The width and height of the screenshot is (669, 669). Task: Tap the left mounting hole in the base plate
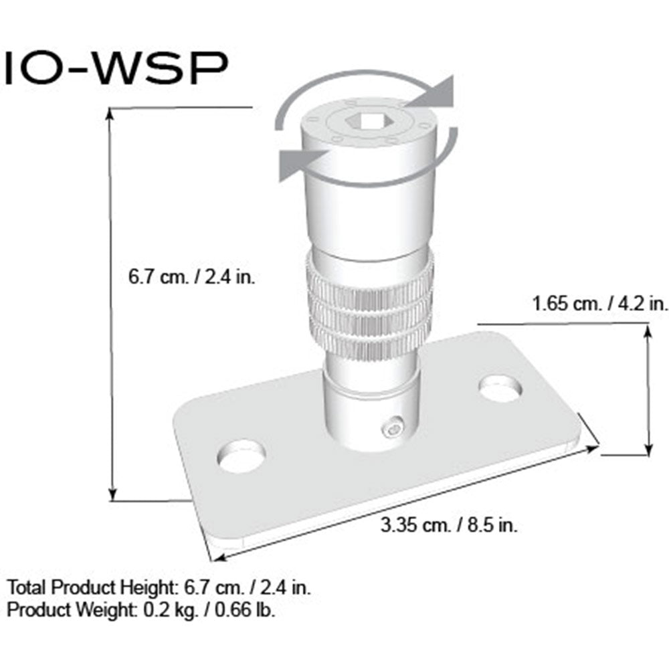(242, 456)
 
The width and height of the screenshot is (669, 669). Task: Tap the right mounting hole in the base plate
(500, 389)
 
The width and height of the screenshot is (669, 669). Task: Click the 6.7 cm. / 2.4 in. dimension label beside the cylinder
(191, 277)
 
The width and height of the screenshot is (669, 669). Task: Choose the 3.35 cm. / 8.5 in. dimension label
(449, 525)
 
